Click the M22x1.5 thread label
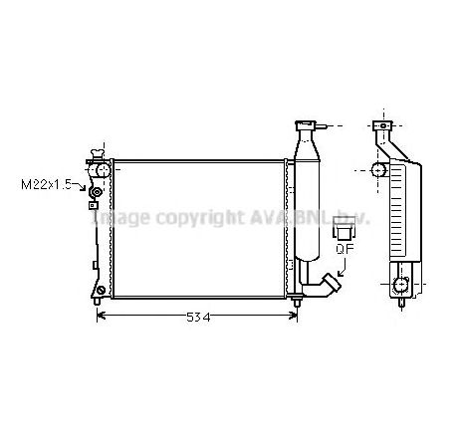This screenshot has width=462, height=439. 45,184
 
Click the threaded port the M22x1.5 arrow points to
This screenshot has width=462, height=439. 97,191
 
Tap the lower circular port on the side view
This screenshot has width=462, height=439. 400,286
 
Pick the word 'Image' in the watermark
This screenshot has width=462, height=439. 118,217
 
